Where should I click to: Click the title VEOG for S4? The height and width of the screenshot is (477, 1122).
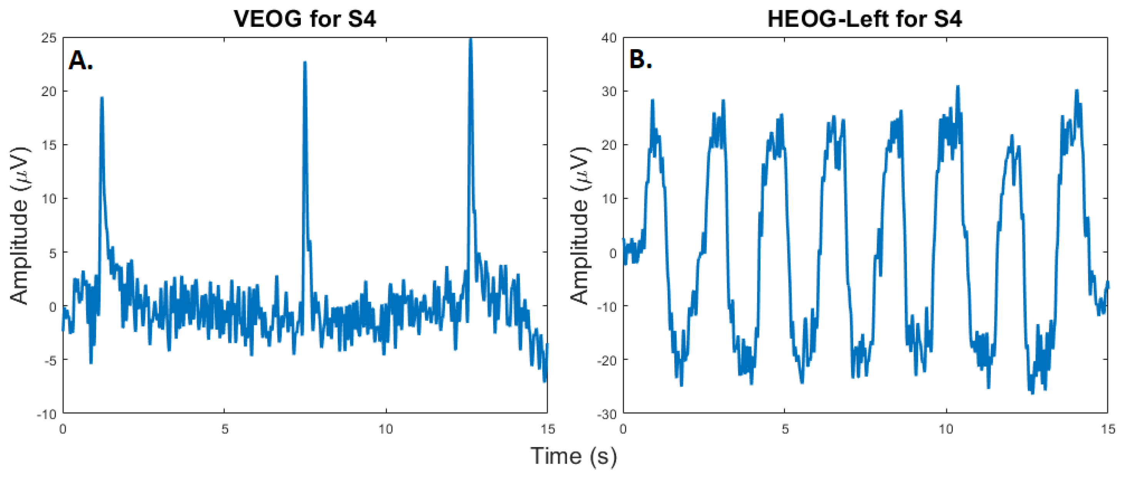pyautogui.click(x=305, y=19)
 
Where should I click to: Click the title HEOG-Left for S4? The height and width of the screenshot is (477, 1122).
pyautogui.click(x=865, y=19)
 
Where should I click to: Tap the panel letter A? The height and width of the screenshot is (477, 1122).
pyautogui.click(x=80, y=60)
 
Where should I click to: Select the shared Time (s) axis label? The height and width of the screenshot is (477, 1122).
pyautogui.click(x=573, y=456)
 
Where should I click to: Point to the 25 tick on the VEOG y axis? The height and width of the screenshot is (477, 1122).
pyautogui.click(x=49, y=38)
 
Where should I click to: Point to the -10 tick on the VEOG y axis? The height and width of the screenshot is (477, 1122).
pyautogui.click(x=47, y=414)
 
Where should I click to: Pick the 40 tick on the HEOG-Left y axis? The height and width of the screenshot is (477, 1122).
pyautogui.click(x=609, y=38)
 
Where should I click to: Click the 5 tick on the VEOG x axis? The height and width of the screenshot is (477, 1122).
pyautogui.click(x=224, y=429)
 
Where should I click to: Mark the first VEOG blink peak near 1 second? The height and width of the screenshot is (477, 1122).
pyautogui.click(x=102, y=98)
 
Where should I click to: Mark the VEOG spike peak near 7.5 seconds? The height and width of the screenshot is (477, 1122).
pyautogui.click(x=305, y=62)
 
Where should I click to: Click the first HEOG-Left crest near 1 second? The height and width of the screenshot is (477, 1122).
pyautogui.click(x=652, y=100)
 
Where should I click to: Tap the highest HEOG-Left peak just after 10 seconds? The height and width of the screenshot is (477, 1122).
pyautogui.click(x=958, y=86)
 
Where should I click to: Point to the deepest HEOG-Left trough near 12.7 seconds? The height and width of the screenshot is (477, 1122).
pyautogui.click(x=1033, y=393)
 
